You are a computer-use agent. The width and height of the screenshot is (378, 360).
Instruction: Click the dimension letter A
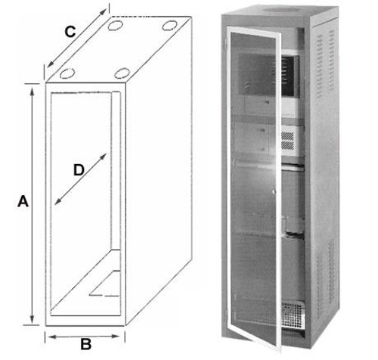(23, 202)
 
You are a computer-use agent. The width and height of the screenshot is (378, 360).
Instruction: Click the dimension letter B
(86, 344)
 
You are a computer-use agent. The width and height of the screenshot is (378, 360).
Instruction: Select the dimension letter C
(69, 32)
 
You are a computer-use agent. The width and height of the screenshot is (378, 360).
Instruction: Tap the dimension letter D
(78, 170)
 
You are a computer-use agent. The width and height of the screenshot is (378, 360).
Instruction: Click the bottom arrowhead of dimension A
(33, 321)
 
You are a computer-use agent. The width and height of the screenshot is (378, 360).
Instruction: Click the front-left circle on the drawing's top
(67, 73)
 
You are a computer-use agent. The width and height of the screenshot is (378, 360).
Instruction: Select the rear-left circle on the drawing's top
(115, 25)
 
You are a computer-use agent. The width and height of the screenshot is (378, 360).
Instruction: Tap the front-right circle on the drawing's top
(122, 73)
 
